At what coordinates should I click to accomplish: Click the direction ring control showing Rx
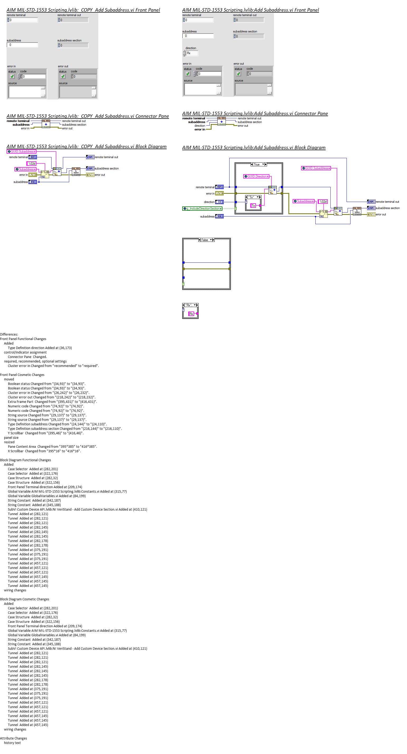click(x=192, y=53)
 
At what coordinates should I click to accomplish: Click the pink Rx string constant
click(x=191, y=314)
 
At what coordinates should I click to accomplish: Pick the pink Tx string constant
click(x=253, y=206)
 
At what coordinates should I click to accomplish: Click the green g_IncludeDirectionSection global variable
click(x=202, y=209)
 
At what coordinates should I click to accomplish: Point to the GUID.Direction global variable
click(x=256, y=177)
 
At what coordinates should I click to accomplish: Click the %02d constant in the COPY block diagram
click(x=32, y=164)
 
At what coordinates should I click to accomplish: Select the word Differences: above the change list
click(x=9, y=334)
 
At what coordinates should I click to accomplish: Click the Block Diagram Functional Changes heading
click(x=25, y=460)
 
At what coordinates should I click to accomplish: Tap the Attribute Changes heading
click(x=13, y=738)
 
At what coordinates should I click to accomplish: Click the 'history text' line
click(x=12, y=743)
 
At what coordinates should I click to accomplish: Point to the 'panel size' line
click(x=11, y=438)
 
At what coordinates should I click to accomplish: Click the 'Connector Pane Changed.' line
click(x=27, y=357)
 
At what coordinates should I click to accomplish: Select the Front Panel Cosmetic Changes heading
click(x=22, y=375)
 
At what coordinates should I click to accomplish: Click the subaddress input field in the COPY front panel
click(x=22, y=45)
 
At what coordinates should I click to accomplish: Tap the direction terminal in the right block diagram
click(x=219, y=202)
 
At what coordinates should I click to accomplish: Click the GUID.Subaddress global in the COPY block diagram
click(x=21, y=152)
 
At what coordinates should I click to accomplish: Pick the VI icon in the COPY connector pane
click(x=46, y=124)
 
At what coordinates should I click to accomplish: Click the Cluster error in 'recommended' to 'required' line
click(x=53, y=366)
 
